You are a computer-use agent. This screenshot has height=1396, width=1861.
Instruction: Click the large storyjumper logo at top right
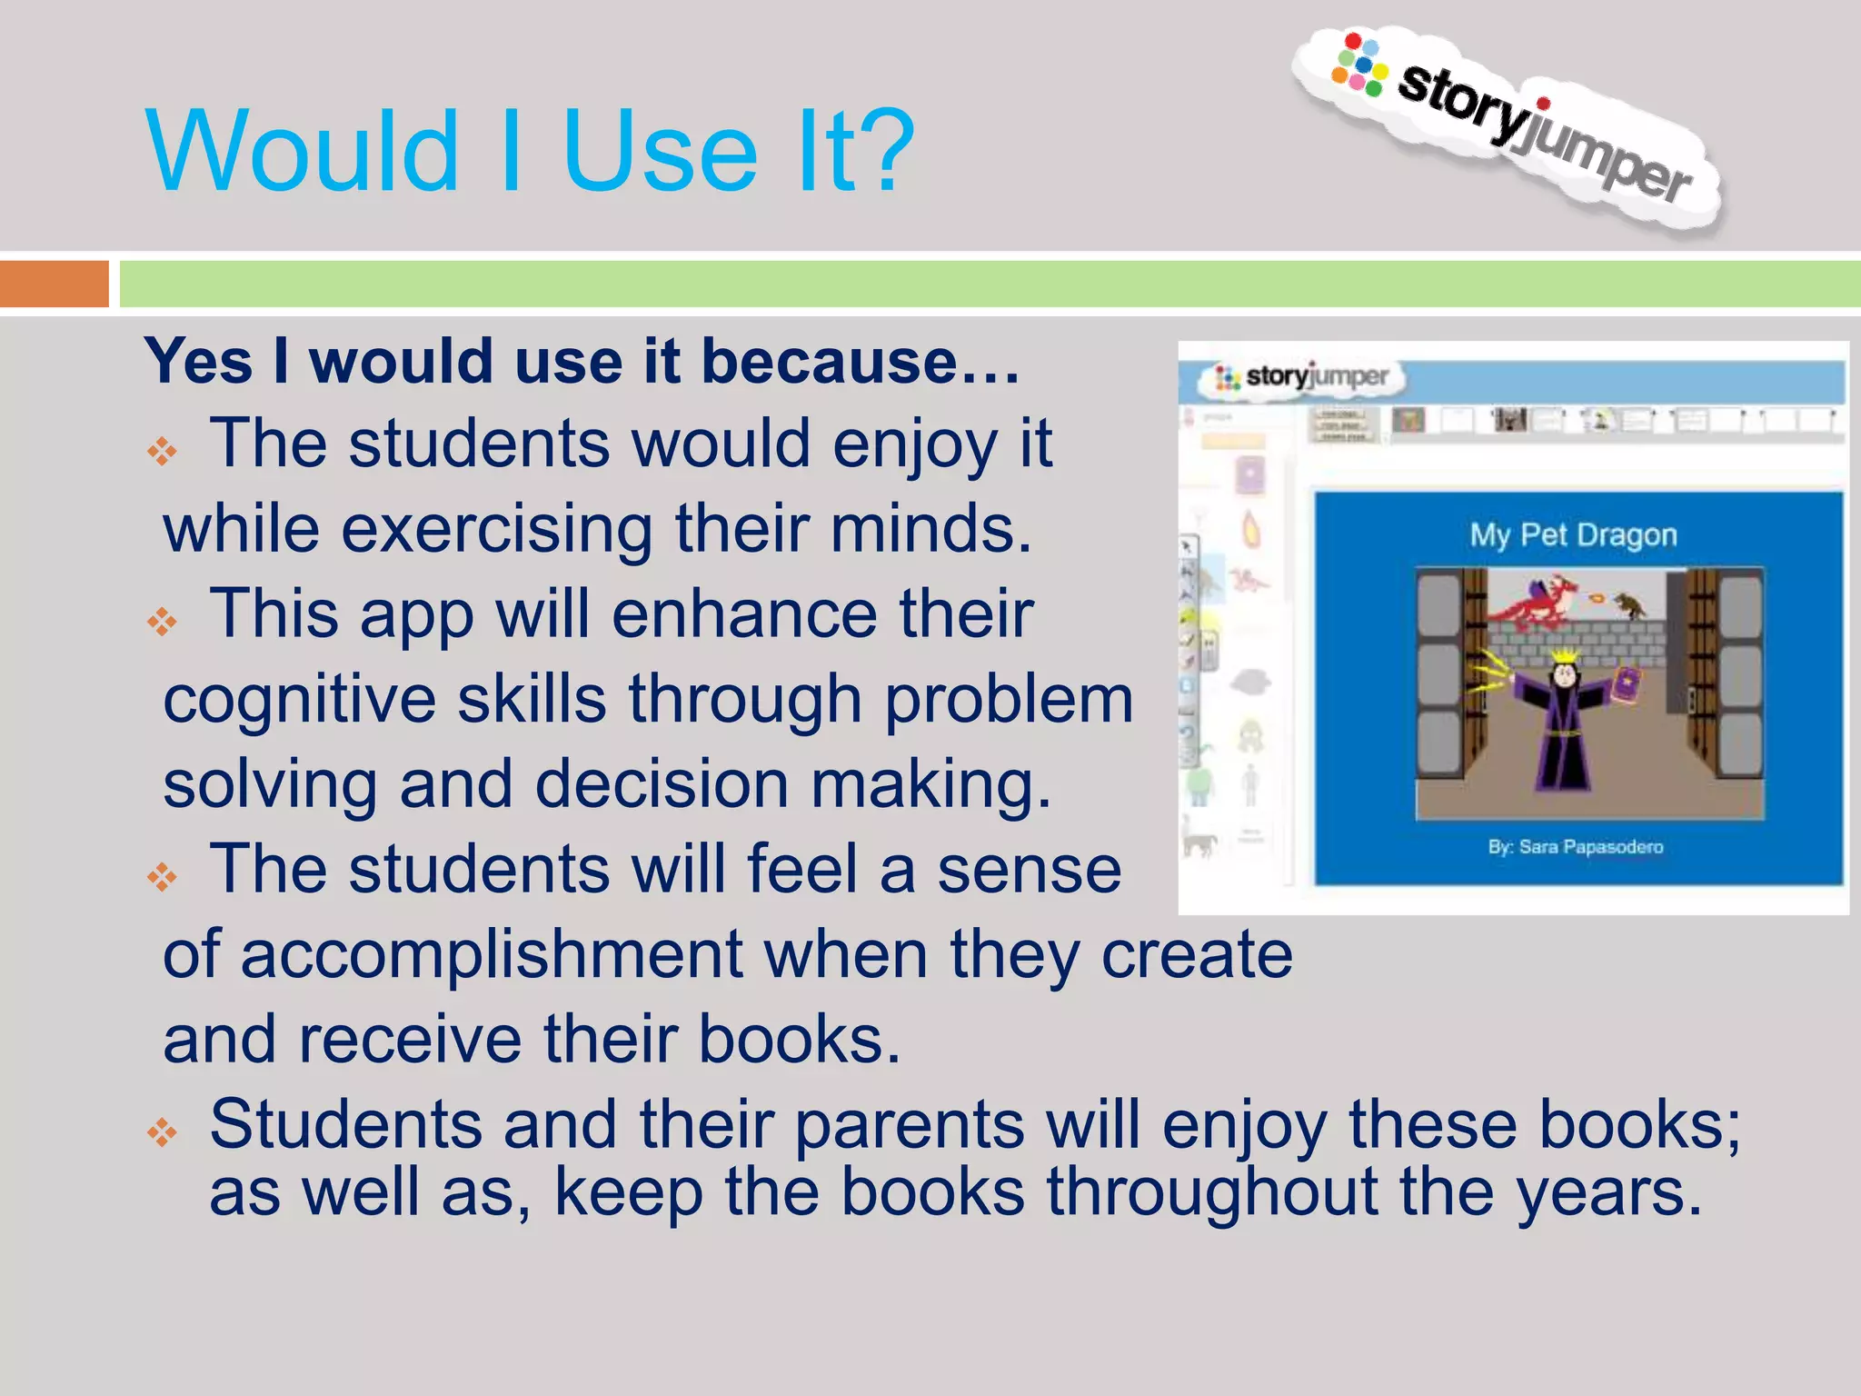pyautogui.click(x=1508, y=127)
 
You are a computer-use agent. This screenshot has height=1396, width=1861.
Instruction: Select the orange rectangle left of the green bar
pyautogui.click(x=54, y=284)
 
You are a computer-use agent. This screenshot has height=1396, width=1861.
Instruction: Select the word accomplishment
pyautogui.click(x=492, y=955)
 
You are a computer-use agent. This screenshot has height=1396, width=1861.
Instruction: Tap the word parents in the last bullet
pyautogui.click(x=909, y=1125)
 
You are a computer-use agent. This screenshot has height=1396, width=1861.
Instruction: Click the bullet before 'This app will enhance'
pyautogui.click(x=164, y=622)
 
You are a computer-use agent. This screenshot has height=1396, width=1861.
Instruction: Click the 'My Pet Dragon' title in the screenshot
pyautogui.click(x=1573, y=535)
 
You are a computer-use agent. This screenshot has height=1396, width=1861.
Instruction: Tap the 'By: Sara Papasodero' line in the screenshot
pyautogui.click(x=1575, y=847)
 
